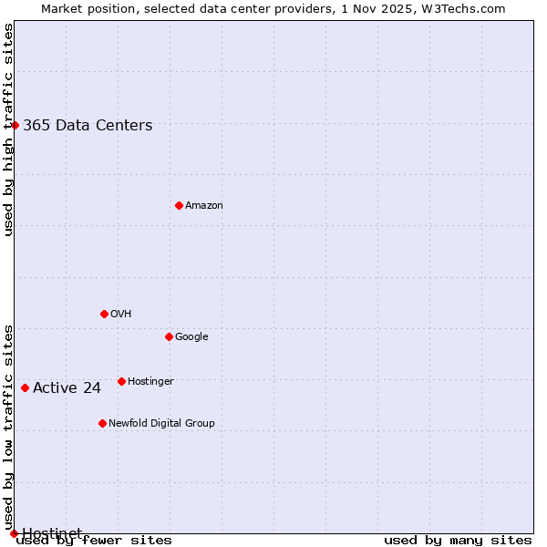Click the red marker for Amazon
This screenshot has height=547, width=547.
click(x=179, y=205)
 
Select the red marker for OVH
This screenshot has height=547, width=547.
click(x=104, y=314)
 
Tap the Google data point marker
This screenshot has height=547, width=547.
click(x=169, y=336)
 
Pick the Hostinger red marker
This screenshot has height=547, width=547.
click(x=121, y=381)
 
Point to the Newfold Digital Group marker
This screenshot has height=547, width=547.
click(x=102, y=423)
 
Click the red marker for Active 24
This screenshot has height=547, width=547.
click(x=25, y=387)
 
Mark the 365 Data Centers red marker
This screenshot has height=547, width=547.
click(x=15, y=125)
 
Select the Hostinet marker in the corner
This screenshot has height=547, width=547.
click(x=14, y=533)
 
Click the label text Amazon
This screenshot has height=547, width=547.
click(x=204, y=206)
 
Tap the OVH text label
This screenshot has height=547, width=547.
click(x=121, y=315)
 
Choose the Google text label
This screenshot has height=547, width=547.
click(x=191, y=337)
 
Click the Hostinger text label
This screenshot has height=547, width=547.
click(x=150, y=382)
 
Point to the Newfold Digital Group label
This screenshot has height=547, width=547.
click(x=161, y=424)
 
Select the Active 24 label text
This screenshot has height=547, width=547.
click(x=67, y=388)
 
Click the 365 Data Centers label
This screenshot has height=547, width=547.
click(x=88, y=126)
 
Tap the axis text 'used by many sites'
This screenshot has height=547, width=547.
click(x=458, y=541)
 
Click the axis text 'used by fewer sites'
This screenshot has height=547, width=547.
click(x=94, y=541)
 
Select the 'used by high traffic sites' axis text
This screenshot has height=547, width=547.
click(x=8, y=129)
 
